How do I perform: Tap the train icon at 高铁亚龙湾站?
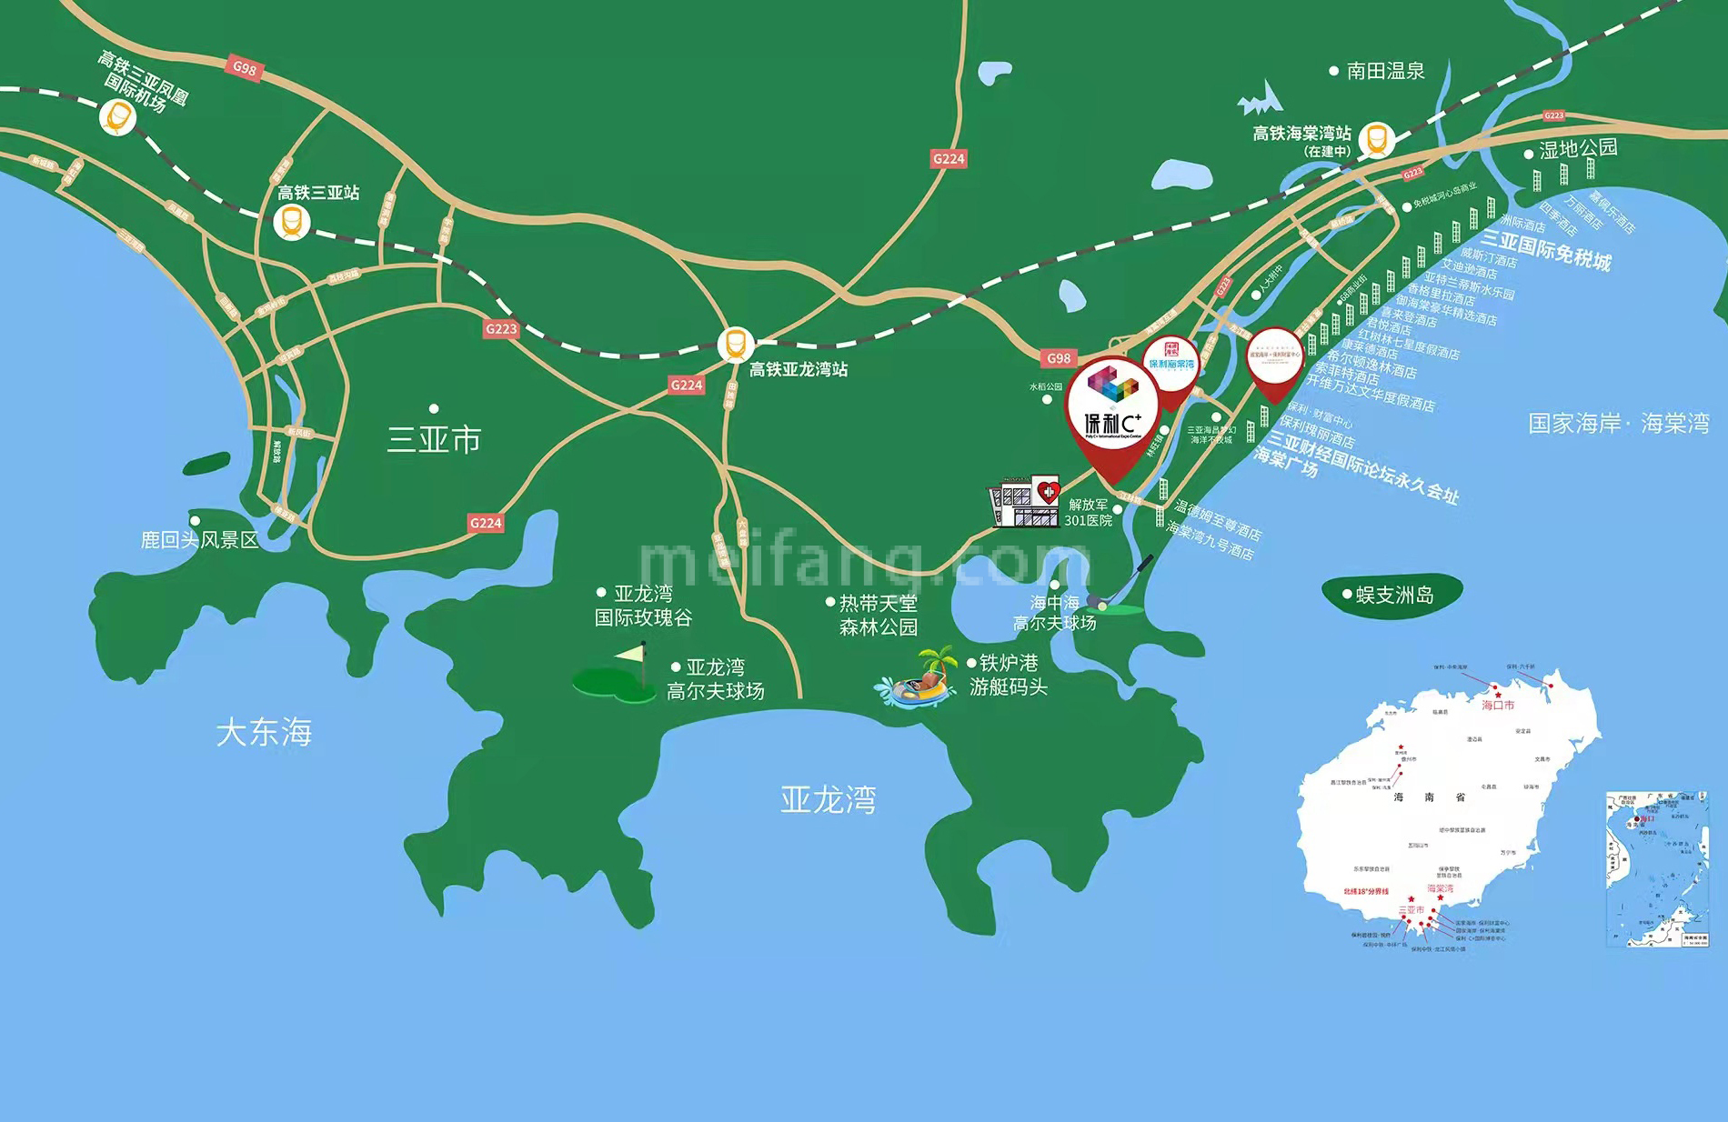tap(735, 345)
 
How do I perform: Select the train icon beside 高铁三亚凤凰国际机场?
tap(117, 117)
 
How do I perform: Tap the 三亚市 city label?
tap(434, 440)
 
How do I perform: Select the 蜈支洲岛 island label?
tap(1393, 595)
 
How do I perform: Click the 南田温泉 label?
tap(1385, 71)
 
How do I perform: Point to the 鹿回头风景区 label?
tap(199, 540)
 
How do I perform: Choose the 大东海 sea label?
tap(264, 732)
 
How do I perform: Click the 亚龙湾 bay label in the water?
tap(828, 800)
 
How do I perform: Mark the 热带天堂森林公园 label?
tap(878, 615)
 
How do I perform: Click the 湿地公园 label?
tap(1578, 148)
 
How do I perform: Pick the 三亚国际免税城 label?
tap(1546, 249)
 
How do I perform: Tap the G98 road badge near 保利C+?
tap(1058, 358)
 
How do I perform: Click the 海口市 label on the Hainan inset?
tap(1498, 705)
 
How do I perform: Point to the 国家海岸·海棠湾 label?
tap(1618, 424)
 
